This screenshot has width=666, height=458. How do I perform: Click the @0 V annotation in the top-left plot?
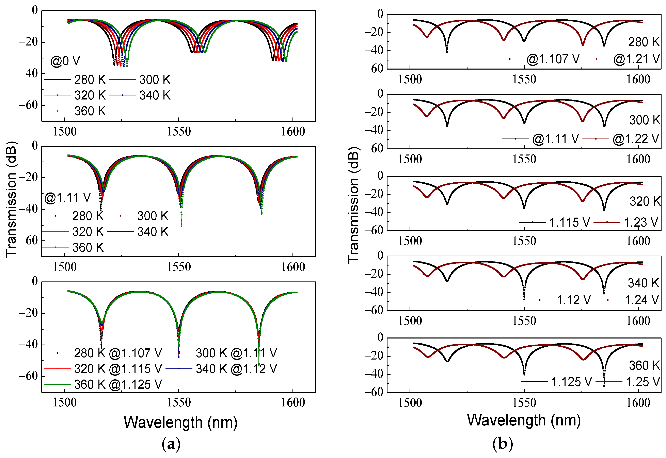[65, 61]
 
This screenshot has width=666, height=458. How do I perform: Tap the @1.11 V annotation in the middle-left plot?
[67, 198]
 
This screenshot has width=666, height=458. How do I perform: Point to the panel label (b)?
[503, 444]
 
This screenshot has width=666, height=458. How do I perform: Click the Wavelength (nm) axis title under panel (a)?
[180, 422]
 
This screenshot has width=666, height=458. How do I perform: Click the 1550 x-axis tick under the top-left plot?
[179, 131]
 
